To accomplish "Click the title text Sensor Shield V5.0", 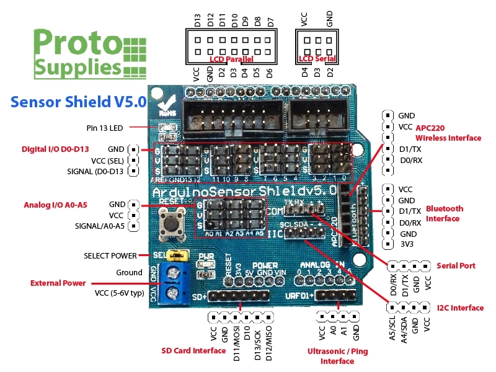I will tap(78, 101).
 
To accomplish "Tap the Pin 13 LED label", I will tap(105, 128).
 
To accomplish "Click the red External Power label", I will tap(59, 283).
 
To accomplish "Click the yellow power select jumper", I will tap(179, 255).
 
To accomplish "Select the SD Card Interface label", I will tap(193, 351).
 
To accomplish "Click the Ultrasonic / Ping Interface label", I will tap(337, 356).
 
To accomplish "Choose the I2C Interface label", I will tap(460, 308).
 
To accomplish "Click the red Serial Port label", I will tap(456, 265).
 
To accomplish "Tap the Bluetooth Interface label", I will tap(443, 213).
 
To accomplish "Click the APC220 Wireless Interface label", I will tap(448, 133).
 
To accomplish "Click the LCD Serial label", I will tap(317, 59).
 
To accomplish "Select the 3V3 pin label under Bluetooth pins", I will tap(406, 244).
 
